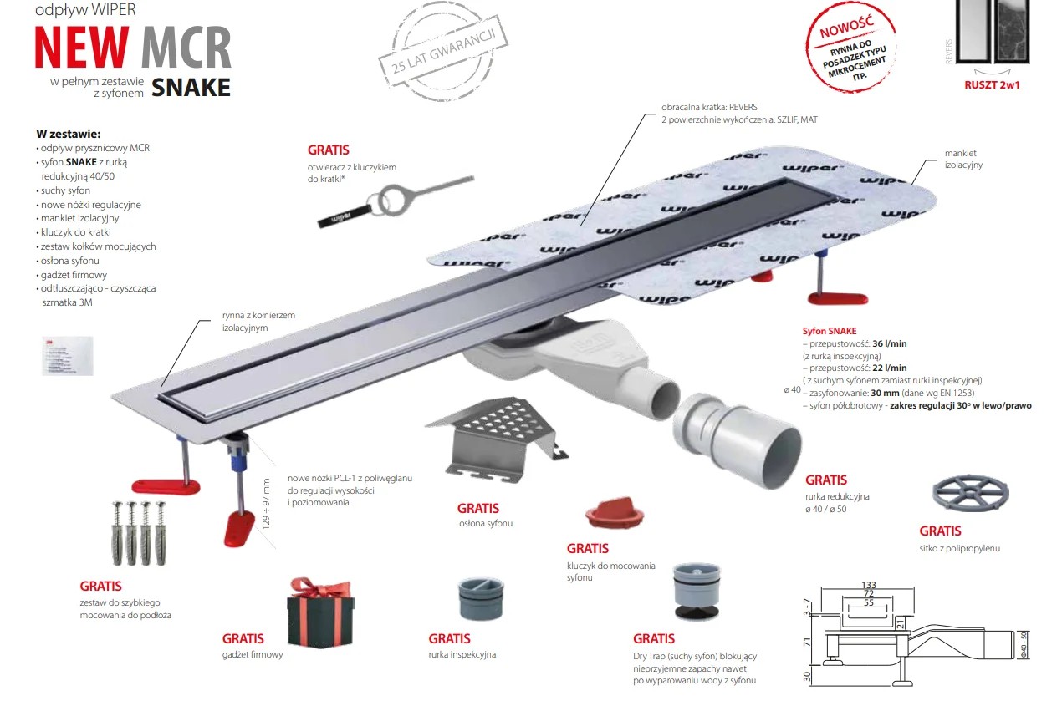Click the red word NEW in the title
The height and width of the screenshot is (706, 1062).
click(82, 48)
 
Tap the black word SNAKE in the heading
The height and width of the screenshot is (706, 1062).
click(191, 87)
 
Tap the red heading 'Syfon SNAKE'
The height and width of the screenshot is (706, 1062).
click(829, 331)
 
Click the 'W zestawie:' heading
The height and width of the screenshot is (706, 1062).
click(69, 134)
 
